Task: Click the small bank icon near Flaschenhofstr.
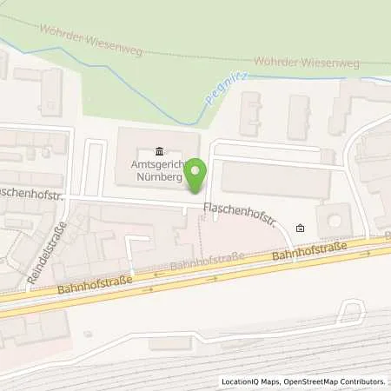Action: click(x=300, y=229)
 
